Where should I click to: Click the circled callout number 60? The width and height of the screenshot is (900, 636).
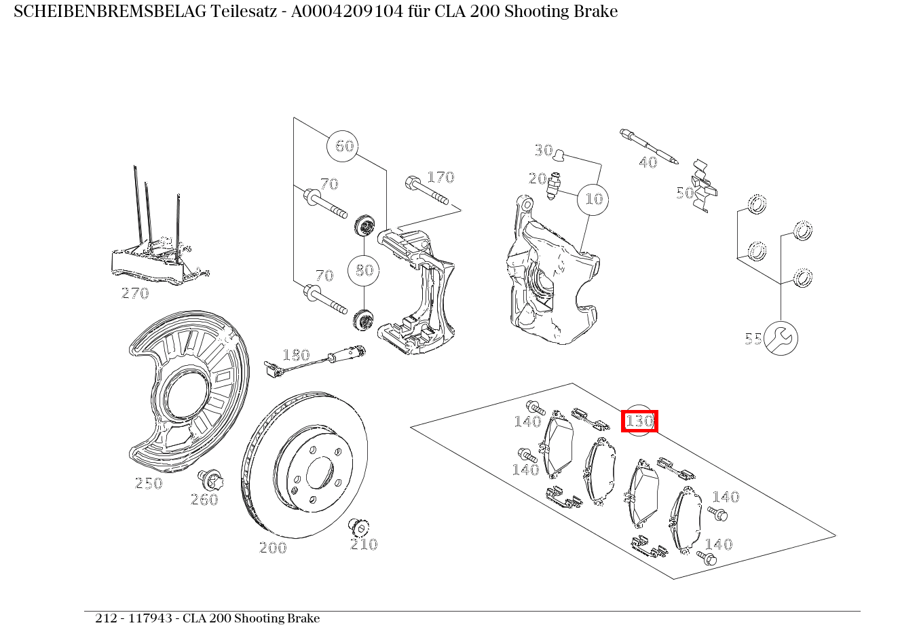pos(342,146)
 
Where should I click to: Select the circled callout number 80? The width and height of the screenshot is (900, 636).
pos(364,270)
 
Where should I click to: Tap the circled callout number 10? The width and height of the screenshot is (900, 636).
pos(593,200)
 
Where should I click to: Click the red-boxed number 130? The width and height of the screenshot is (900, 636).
pos(639,421)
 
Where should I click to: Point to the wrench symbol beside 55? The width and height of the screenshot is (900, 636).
pos(781,338)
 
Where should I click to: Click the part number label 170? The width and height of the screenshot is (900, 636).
pos(440,177)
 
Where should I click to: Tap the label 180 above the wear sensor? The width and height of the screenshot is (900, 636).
pos(297,355)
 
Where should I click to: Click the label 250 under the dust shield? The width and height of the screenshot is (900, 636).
pos(149,483)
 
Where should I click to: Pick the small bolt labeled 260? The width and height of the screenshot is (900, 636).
pos(211,479)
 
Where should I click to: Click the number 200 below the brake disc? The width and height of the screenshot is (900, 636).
pos(274,548)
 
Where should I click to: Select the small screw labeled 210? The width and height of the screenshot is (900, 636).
pos(358,527)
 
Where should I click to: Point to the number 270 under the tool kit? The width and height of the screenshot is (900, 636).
pos(135,293)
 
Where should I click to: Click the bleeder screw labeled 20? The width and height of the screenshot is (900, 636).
pos(553,185)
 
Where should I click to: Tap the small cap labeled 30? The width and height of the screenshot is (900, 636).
pos(559,155)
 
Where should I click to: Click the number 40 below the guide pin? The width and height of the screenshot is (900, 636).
pos(648,162)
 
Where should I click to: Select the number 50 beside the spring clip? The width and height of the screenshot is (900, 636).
pos(685,193)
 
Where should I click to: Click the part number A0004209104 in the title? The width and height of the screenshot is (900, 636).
pos(347,12)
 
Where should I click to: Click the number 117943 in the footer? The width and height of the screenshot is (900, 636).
pos(150,618)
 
